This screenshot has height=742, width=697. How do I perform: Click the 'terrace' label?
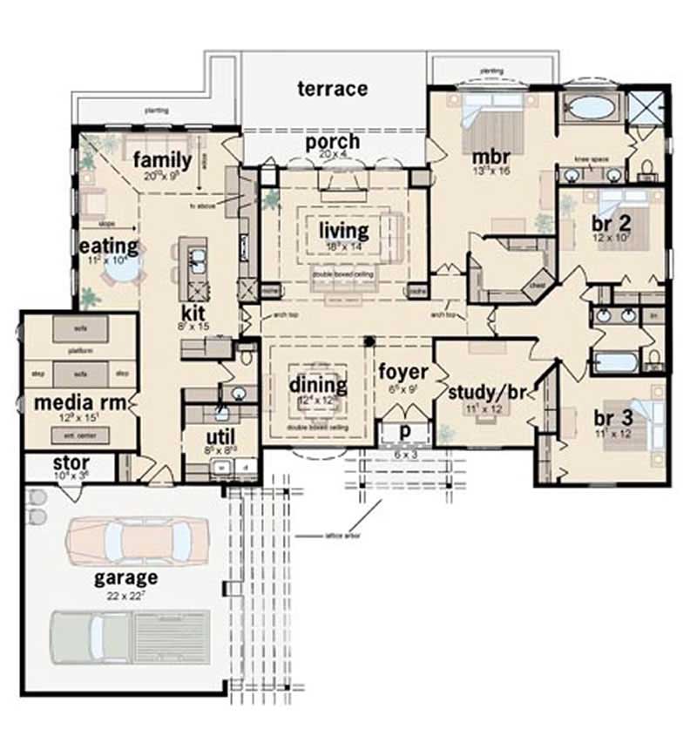pos(332,89)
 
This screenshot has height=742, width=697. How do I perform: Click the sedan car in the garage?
pos(131,539)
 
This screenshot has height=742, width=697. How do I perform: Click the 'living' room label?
pos(343,231)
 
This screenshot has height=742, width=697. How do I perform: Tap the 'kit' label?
pos(193,312)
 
